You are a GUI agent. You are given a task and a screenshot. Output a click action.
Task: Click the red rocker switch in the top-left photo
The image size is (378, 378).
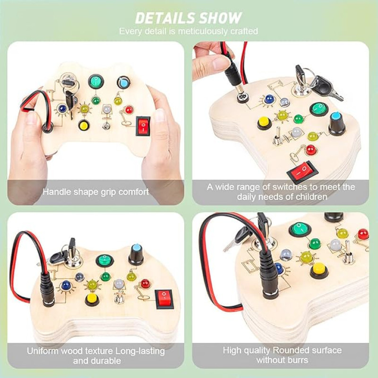(x=143, y=126)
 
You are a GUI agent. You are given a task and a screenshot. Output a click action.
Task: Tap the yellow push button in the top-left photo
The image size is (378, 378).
(x=84, y=126)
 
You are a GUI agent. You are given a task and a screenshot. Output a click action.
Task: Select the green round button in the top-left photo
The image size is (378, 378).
(x=96, y=81)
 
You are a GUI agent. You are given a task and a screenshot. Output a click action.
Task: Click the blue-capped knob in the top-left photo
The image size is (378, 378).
(x=124, y=82)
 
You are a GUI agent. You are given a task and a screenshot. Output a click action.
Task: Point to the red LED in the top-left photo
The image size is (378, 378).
(x=129, y=110)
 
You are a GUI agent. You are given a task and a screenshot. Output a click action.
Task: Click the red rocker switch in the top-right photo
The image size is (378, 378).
(x=302, y=171)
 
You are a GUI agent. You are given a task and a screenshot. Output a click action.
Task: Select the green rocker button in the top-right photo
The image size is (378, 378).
(x=319, y=109)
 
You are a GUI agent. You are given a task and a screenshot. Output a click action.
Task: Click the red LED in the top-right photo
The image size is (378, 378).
(x=311, y=150)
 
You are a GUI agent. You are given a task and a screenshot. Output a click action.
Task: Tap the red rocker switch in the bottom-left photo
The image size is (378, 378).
(x=164, y=299)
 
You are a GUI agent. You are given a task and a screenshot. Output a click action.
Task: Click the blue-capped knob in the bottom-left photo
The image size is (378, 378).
(x=136, y=255)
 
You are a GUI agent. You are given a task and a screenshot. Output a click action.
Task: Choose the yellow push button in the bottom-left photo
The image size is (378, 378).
(x=92, y=300)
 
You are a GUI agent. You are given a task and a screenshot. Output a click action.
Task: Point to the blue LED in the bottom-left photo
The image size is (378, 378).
(x=66, y=285)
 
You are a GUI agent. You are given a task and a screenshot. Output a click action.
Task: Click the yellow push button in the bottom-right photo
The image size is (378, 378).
(x=319, y=270)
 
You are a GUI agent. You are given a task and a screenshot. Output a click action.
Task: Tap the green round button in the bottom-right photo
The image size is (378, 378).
(x=299, y=229)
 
